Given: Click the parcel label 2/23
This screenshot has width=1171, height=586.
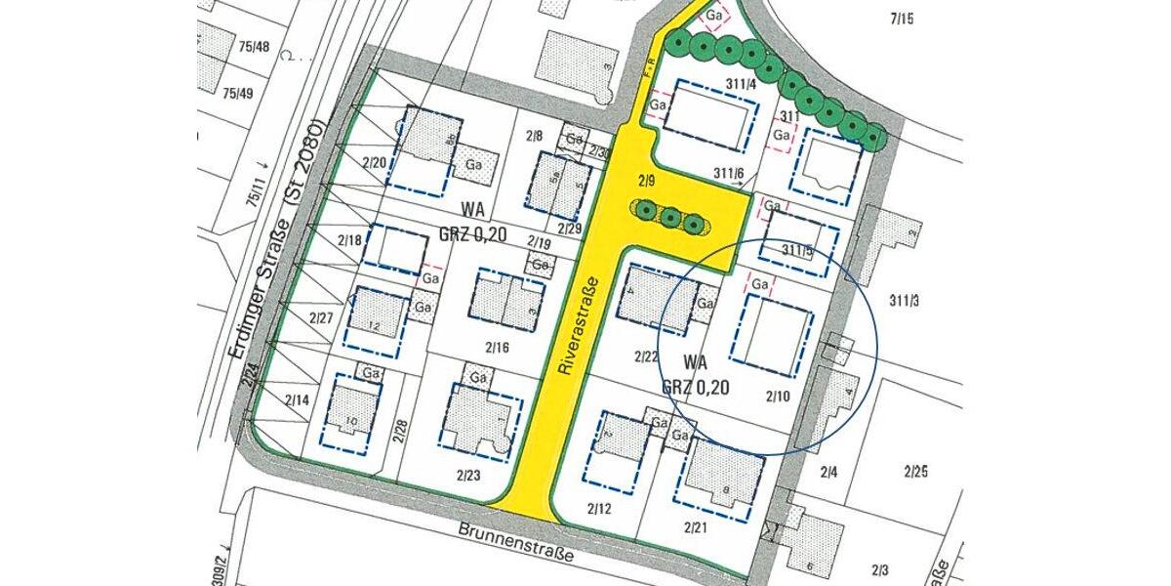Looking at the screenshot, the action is coord(468,476).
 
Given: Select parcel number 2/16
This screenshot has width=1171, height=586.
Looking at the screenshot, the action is coord(497,347).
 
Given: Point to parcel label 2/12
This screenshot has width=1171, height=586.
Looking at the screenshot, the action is coord(600,509).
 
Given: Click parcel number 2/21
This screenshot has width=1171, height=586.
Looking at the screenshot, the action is coord(695,527).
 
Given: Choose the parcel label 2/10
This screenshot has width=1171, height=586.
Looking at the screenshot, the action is coord(778,396).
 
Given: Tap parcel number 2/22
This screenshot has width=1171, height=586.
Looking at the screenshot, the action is coord(646,355).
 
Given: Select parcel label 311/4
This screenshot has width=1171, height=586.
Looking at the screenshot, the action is coord(742,84).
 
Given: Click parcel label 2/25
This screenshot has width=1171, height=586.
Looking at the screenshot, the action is coord(915,473).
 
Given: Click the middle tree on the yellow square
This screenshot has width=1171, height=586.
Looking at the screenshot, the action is coord(668,217).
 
